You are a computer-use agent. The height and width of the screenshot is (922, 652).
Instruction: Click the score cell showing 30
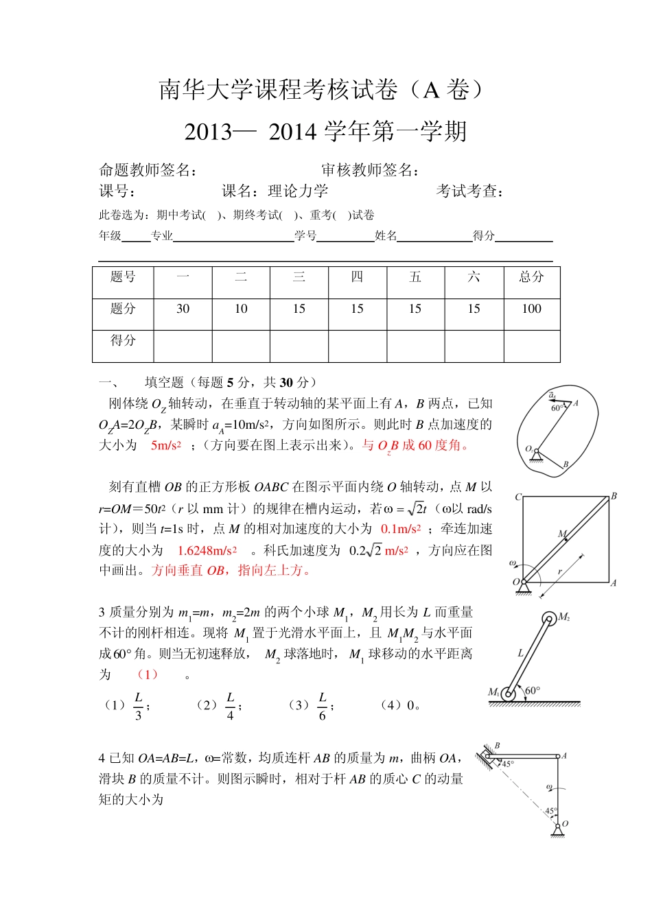183,309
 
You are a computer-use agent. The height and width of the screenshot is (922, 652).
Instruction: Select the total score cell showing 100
531,309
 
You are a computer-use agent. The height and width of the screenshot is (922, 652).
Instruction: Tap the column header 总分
531,276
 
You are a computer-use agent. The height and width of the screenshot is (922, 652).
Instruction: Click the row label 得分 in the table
123,340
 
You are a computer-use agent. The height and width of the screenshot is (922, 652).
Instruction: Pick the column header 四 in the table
357,276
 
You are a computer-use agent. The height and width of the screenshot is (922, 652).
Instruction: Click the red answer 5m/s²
165,445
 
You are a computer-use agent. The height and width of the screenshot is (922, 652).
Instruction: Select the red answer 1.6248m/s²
207,550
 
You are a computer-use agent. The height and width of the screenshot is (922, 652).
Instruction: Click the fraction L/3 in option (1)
138,706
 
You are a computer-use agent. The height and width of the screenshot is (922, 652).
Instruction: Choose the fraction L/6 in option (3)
322,706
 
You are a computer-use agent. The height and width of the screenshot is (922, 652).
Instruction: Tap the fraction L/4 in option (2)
230,706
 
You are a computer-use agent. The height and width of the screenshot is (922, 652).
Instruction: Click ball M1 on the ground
508,694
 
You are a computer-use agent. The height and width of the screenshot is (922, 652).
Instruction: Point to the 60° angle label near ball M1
533,690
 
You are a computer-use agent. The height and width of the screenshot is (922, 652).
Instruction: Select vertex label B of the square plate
614,495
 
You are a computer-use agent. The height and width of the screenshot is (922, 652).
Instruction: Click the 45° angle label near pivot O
550,811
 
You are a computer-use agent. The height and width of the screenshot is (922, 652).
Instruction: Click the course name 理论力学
298,191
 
